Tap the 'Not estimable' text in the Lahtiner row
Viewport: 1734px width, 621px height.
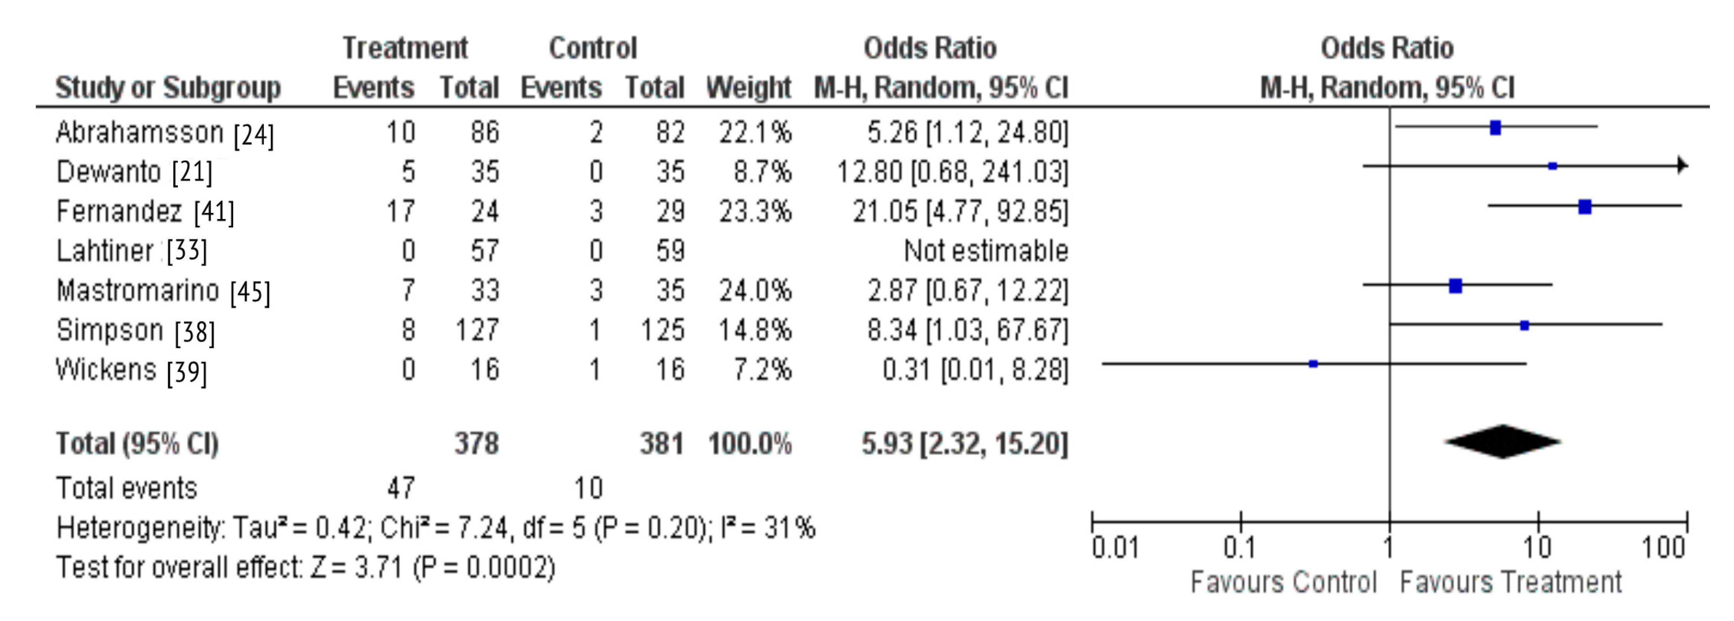[985, 251]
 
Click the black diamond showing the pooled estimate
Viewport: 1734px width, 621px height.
[1503, 442]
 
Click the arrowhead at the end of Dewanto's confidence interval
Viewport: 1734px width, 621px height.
[1682, 165]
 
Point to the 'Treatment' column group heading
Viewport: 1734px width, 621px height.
[405, 48]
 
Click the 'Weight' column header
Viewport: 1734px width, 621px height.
[749, 88]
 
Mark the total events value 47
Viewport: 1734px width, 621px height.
[401, 488]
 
